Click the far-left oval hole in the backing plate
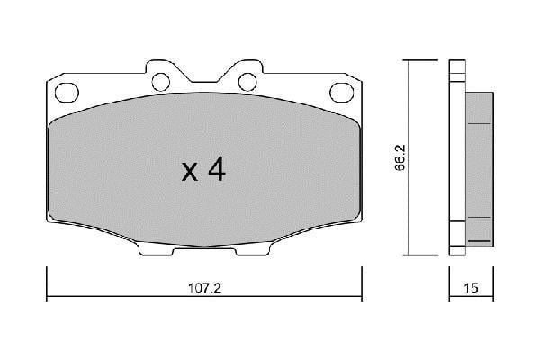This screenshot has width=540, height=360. tap(67, 91)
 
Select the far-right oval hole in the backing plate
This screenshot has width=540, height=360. tap(340, 91)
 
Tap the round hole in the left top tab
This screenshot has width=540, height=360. tap(161, 82)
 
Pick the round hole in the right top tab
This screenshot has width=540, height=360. tap(246, 82)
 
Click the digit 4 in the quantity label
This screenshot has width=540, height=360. tap(215, 171)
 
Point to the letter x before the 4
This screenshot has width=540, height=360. tap(190, 173)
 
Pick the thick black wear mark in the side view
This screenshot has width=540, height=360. tap(481, 241)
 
